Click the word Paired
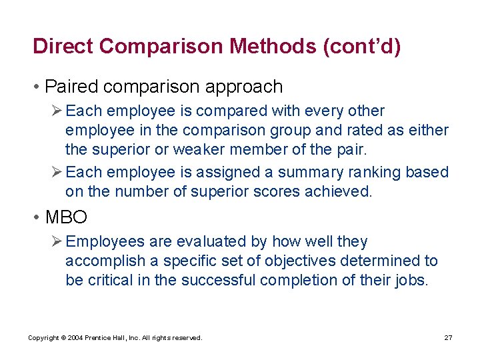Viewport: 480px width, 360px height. [71, 87]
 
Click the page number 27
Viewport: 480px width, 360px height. [449, 338]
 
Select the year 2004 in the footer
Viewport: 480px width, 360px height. [75, 338]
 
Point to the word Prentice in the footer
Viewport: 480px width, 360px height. [101, 338]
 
